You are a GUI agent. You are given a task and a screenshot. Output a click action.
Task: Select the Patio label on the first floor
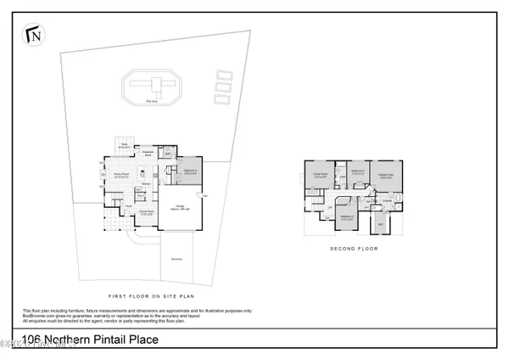click(x=124, y=145)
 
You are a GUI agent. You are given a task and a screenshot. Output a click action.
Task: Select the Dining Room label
click(x=145, y=213)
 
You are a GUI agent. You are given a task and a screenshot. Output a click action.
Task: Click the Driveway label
click(x=176, y=259)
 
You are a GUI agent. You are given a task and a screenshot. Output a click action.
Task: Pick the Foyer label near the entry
click(x=128, y=205)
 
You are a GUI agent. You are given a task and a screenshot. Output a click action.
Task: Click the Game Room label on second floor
click(x=322, y=175)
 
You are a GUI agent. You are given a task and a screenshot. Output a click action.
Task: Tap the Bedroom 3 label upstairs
click(x=358, y=171)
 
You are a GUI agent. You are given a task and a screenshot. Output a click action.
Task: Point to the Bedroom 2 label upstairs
click(x=348, y=216)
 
